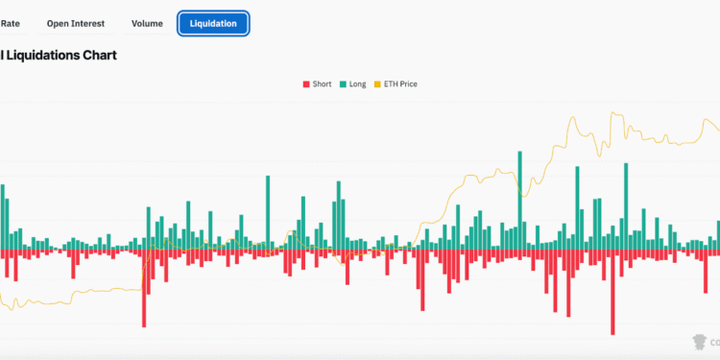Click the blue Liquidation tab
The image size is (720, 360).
point(213,23)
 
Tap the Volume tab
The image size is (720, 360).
point(147,23)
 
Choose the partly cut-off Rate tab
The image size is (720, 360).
point(10,23)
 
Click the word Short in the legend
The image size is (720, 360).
point(322,84)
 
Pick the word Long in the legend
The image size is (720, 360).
point(357,84)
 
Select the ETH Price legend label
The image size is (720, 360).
point(400,84)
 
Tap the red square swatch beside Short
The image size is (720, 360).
point(306,84)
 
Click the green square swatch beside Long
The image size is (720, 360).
point(343,84)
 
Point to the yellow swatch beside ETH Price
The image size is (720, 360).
point(377,84)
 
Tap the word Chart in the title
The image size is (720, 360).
point(101,56)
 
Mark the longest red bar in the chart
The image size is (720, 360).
point(612,293)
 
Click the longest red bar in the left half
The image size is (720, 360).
point(144,288)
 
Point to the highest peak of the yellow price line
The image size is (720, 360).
point(612,112)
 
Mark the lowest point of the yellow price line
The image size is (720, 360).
point(8,308)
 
